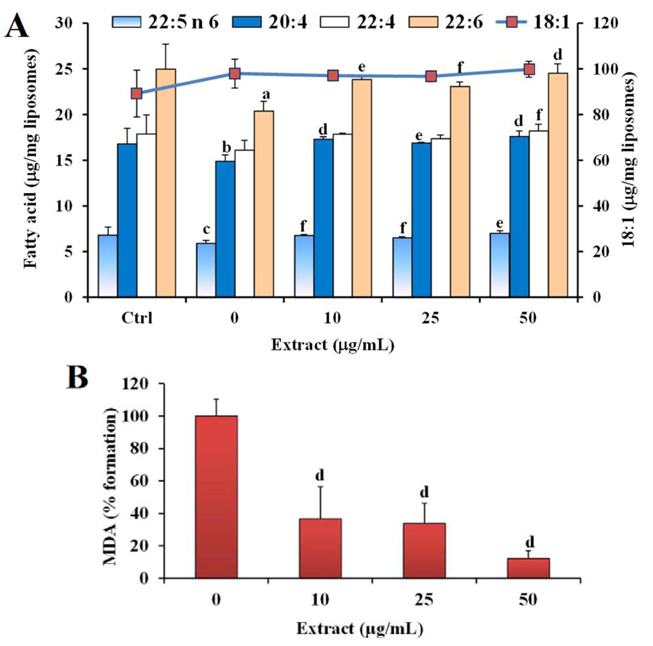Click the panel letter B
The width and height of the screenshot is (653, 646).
coord(77,377)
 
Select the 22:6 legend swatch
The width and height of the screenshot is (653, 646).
coord(423,22)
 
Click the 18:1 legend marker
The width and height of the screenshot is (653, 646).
coord(512,22)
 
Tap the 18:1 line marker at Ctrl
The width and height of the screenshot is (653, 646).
coord(136,93)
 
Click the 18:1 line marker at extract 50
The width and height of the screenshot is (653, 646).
coord(529,69)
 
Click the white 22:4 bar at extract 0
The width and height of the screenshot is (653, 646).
coord(244,224)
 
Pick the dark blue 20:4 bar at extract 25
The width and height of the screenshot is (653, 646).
coord(421,220)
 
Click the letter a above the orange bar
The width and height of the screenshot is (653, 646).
coord(266,94)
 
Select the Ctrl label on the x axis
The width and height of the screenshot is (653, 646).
coord(137,318)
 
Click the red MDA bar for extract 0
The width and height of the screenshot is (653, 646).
coord(216,497)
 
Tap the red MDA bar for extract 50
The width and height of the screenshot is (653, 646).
coord(528,568)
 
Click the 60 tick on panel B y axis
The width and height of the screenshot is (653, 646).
coord(139,481)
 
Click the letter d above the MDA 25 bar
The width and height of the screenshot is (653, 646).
coord(424,492)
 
